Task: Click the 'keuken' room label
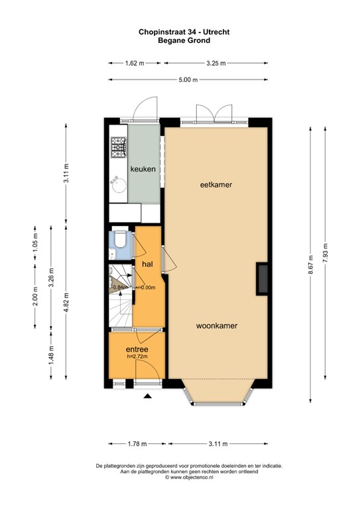click(143, 169)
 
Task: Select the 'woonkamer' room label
click(216, 326)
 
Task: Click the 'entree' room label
click(137, 349)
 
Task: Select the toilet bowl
click(121, 239)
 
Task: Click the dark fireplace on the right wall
click(263, 278)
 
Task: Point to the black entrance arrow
click(149, 396)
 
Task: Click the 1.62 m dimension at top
click(135, 64)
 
